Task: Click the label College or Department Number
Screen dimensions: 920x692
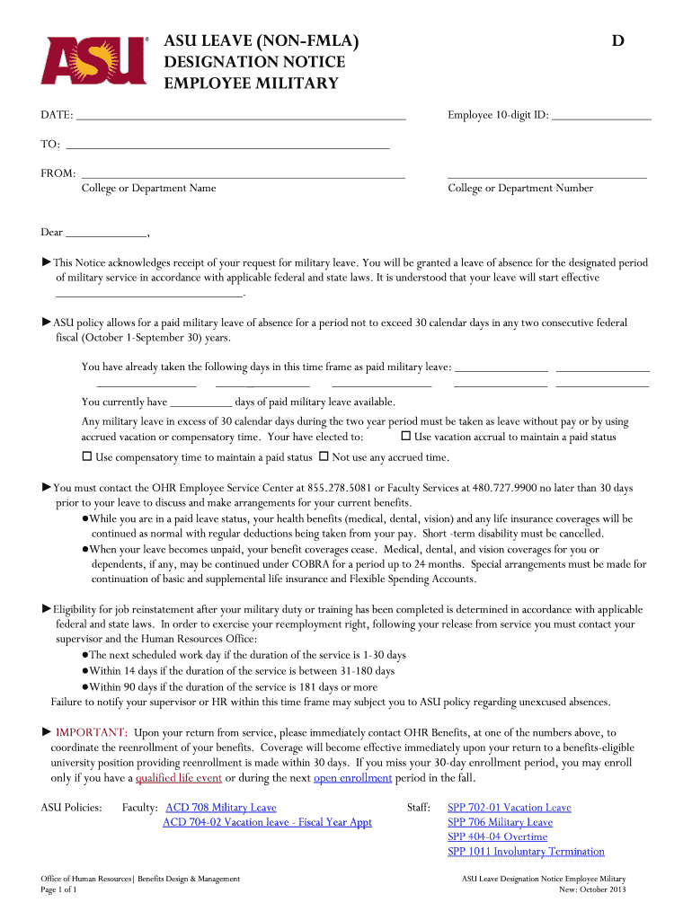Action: (x=520, y=189)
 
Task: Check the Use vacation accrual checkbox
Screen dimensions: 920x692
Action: (x=405, y=436)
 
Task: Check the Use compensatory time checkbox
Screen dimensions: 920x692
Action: (x=87, y=456)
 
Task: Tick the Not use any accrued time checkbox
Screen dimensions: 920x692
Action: (x=324, y=456)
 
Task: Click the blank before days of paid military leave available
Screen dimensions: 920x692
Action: (x=200, y=403)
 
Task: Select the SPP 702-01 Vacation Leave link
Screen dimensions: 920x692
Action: (x=509, y=808)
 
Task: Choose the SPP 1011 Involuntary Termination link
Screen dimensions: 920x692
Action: (x=526, y=852)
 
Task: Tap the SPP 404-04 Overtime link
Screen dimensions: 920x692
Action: (x=497, y=837)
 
